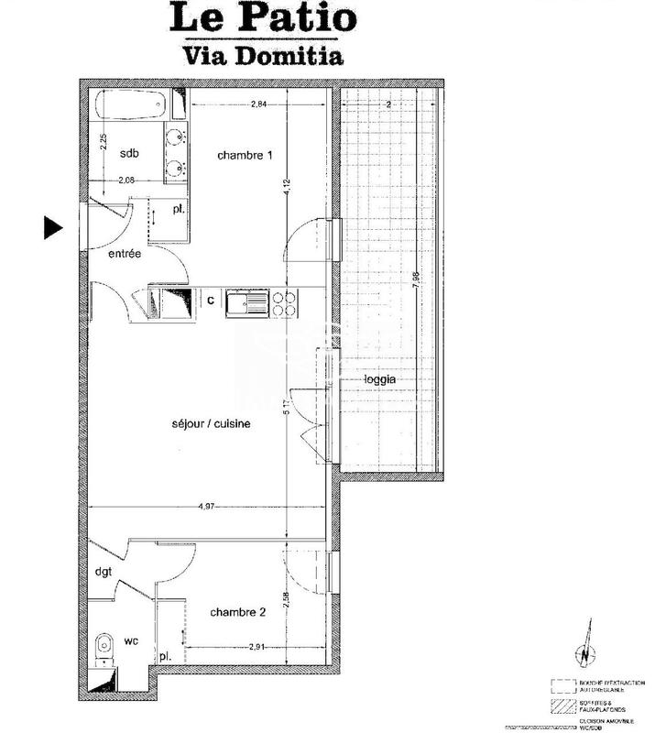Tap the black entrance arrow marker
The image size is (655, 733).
coord(53,228)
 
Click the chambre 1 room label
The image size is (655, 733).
coord(245,156)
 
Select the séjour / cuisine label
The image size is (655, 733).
coord(211,424)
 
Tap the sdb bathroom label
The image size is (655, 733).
coord(130,154)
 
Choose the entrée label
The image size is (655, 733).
coord(124,255)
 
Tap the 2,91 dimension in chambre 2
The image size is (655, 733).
coord(259,648)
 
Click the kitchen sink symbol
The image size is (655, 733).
coord(248,301)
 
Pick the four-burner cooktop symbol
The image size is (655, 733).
coord(284,301)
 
